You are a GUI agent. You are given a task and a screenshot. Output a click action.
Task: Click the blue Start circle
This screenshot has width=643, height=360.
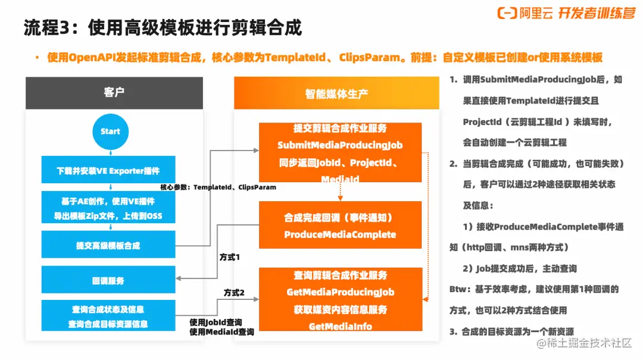110,132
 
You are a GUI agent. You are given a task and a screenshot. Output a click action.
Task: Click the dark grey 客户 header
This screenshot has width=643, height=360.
114,93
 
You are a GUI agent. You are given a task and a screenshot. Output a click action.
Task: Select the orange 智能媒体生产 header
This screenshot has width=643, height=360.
336,93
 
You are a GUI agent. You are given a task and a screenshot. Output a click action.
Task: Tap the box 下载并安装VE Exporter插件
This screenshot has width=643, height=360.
108,170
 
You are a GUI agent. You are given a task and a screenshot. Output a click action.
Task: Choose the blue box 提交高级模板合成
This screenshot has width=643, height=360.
108,245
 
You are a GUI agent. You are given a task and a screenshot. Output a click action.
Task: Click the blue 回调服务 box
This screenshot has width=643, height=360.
108,280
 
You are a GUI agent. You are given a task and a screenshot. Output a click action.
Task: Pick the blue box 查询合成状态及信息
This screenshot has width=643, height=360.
108,316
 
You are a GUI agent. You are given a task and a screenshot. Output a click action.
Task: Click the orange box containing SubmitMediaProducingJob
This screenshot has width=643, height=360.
340,152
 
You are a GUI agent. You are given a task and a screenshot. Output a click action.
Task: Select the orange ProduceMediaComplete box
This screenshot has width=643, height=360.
340,225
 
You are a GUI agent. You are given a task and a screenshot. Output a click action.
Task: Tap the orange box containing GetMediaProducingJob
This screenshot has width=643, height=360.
341,299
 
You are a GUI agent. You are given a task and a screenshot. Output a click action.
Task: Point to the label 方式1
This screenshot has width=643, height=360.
230,257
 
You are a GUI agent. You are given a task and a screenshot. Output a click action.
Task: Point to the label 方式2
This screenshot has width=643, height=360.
234,292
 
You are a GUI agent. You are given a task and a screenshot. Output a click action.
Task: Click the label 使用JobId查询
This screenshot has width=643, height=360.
216,323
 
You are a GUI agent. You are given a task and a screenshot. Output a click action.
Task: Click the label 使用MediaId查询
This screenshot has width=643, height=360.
222,331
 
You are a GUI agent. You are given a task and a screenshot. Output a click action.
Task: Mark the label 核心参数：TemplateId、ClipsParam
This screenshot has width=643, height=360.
218,187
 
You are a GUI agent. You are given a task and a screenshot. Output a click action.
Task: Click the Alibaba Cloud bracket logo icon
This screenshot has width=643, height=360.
507,13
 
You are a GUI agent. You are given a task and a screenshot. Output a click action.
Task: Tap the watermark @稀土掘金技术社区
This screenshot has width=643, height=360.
584,343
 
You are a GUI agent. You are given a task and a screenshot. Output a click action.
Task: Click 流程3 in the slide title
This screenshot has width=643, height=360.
47,28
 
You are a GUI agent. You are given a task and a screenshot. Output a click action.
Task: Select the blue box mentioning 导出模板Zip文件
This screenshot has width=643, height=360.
108,208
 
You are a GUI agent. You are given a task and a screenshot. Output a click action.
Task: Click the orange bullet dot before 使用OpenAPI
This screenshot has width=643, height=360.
38,57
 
